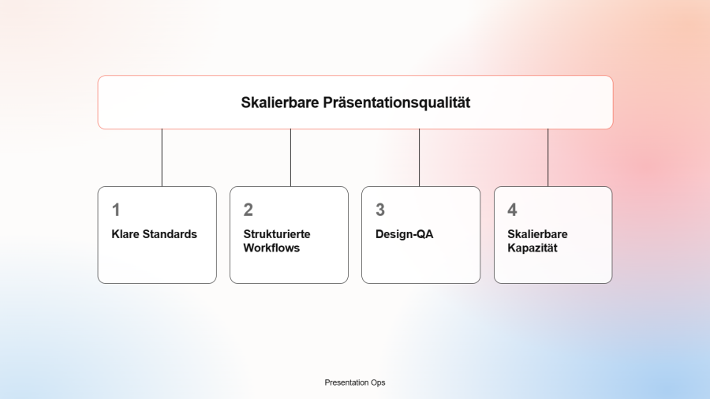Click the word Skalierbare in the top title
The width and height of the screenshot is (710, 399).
click(280, 103)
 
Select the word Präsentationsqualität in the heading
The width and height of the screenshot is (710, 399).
click(397, 103)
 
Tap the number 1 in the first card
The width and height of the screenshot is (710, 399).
click(116, 210)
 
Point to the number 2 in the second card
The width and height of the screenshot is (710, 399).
click(248, 210)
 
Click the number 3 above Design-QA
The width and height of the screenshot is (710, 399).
click(380, 210)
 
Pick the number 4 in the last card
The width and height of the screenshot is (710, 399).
click(512, 210)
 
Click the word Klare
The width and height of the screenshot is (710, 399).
click(125, 234)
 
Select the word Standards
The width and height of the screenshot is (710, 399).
click(170, 234)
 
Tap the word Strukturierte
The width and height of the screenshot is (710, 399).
click(277, 234)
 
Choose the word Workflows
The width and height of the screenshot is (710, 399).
click(271, 248)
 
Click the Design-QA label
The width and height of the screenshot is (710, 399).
click(405, 234)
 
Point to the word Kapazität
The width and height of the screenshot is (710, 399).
click(532, 248)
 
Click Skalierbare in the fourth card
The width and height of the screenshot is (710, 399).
click(537, 234)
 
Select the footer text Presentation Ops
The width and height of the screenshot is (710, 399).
click(355, 382)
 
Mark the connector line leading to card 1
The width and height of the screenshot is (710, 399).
click(162, 158)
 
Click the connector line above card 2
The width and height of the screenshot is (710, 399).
click(290, 158)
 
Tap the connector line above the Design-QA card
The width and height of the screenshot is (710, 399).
click(420, 158)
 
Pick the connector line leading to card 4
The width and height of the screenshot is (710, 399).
click(548, 158)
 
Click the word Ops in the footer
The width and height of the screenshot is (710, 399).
click(378, 382)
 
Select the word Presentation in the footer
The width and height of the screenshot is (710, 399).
click(346, 382)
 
